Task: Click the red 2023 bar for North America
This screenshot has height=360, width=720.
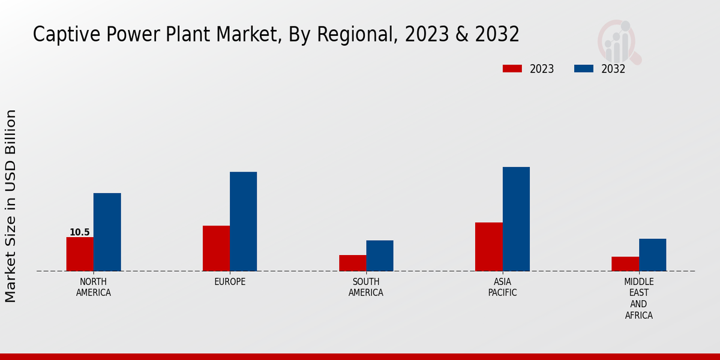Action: [80, 254]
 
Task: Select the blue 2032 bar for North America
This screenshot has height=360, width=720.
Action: [107, 232]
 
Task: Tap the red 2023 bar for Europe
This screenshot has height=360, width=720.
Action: [216, 248]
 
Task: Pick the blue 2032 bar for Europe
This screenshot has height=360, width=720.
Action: [243, 221]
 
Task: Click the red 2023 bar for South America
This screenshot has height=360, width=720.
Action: [352, 263]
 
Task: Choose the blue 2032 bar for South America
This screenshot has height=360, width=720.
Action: [380, 256]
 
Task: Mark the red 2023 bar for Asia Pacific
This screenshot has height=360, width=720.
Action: [488, 247]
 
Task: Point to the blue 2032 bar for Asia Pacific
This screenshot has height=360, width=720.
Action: [516, 218]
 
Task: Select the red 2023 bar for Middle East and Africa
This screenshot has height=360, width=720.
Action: [625, 263]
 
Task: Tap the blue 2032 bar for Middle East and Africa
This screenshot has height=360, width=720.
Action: [652, 254]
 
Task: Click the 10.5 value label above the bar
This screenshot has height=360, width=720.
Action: [80, 232]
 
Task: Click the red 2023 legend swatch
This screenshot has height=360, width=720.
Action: [512, 68]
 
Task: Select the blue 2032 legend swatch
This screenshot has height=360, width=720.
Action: [584, 68]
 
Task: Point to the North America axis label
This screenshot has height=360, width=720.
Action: [94, 287]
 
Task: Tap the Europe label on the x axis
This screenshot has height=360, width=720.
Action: [230, 282]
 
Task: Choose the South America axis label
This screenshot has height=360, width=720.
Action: [366, 287]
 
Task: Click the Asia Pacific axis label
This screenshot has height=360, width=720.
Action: [502, 287]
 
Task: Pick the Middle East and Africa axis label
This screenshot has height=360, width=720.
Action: [638, 298]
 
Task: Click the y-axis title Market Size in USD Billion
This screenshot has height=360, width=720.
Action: [11, 206]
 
